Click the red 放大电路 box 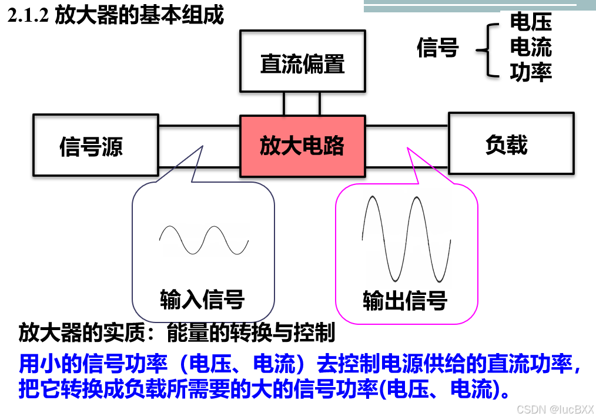pos(302,146)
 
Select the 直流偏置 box pos(302,63)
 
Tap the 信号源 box pos(95,145)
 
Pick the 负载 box pos(511,144)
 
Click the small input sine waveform pos(203,240)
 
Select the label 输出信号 pos(405,300)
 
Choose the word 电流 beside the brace pos(531,47)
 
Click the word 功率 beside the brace pos(531,72)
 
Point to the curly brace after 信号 pos(483,49)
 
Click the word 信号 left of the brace pos(437,48)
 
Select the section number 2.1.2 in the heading pos(28,16)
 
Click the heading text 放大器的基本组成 pos(139,15)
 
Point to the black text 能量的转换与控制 pos(251,333)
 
